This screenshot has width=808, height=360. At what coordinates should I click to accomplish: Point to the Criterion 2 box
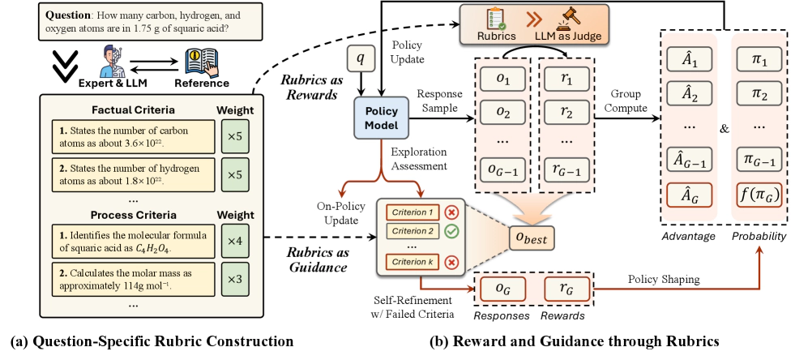click(413, 230)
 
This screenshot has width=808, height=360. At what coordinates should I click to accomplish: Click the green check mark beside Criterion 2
click(451, 230)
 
